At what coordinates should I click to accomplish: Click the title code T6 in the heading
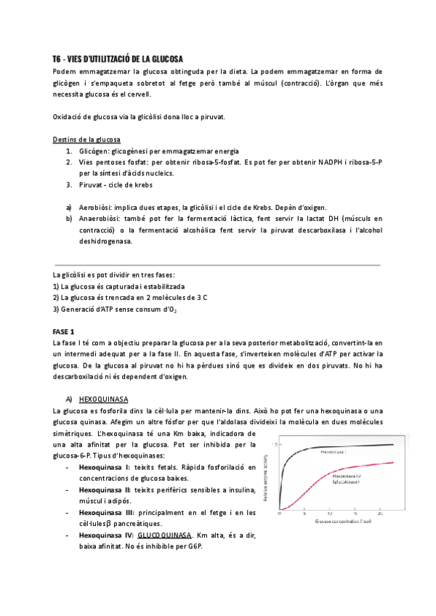click(57, 58)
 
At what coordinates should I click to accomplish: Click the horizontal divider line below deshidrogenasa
click(217, 264)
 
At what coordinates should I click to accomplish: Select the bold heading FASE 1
click(64, 331)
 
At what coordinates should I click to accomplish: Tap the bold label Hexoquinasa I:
click(105, 468)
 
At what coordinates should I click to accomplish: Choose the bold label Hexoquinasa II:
click(107, 490)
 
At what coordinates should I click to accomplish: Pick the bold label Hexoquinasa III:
click(108, 513)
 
